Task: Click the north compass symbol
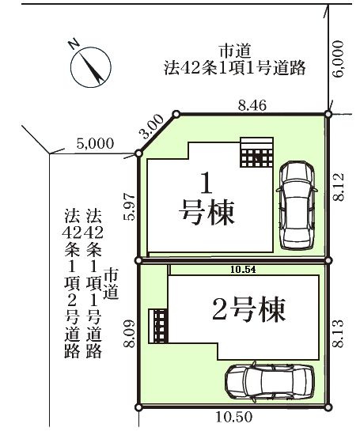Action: [x=91, y=66]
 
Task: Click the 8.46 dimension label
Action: [x=252, y=105]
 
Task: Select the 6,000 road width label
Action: [x=338, y=59]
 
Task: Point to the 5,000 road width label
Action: [x=95, y=144]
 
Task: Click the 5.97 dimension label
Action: [x=129, y=206]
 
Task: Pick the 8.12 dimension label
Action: [x=339, y=187]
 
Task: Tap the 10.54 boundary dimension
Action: [x=243, y=269]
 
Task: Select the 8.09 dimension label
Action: [x=129, y=334]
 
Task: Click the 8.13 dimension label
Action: [x=339, y=334]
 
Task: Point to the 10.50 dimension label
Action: [x=234, y=417]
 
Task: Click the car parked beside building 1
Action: [x=297, y=206]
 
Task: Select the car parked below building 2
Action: [x=270, y=382]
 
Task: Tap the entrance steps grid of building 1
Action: [x=256, y=152]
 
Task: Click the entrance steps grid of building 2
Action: [x=158, y=326]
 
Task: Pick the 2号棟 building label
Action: [x=248, y=309]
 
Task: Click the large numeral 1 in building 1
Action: [x=207, y=183]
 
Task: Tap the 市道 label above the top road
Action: [x=235, y=51]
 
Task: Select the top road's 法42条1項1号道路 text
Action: [x=235, y=68]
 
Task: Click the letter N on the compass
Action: [x=74, y=44]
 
